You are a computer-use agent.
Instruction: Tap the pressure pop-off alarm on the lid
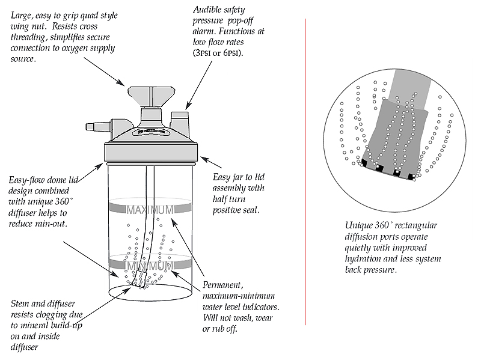[x=179, y=120]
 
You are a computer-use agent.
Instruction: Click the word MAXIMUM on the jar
[x=150, y=210]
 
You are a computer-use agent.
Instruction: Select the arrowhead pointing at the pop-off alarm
[x=186, y=106]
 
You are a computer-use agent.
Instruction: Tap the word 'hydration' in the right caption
[x=366, y=259]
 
